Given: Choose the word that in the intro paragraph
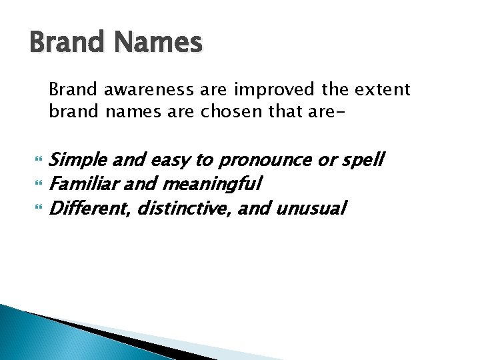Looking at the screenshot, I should tap(271, 111).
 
